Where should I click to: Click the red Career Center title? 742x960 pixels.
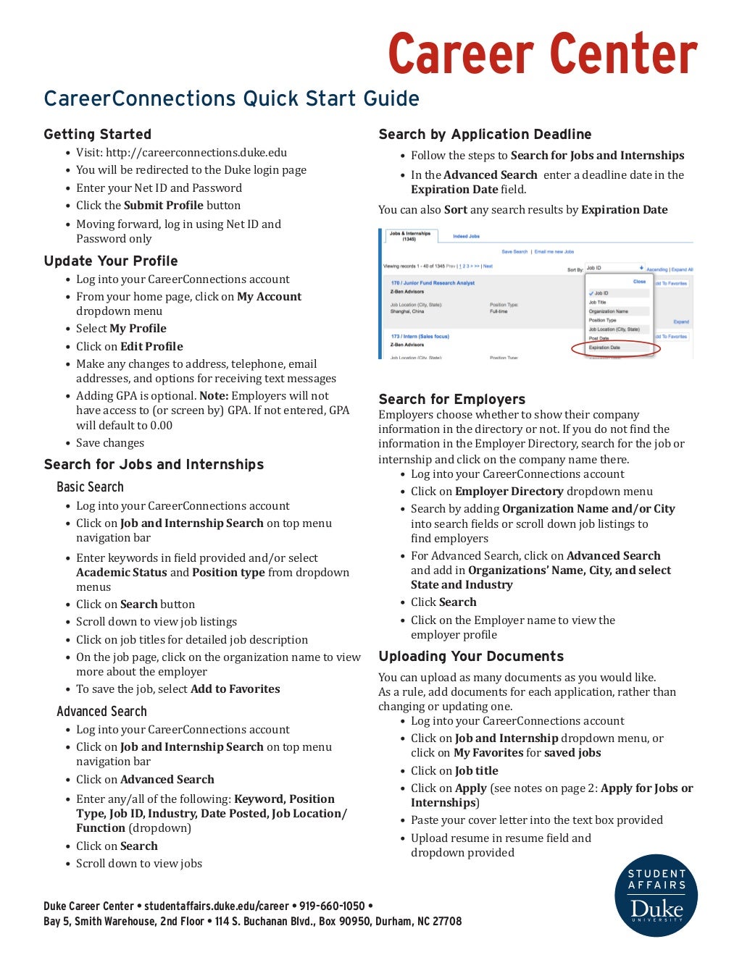(542, 54)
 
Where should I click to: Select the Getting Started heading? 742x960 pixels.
(97, 134)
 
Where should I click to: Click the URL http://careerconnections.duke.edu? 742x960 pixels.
(196, 153)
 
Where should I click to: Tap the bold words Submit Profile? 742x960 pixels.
(163, 206)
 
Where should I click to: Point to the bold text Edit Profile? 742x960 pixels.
(151, 347)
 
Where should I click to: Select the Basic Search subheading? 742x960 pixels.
(90, 487)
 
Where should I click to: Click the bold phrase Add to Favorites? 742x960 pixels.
(235, 689)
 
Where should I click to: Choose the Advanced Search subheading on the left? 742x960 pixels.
(101, 712)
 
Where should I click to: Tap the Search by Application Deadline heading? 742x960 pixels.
(485, 134)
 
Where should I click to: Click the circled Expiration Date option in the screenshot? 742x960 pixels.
(604, 348)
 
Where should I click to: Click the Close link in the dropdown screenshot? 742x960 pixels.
(639, 282)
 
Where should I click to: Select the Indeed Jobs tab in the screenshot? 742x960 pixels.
(466, 236)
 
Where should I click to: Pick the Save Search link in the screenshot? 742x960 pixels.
(514, 252)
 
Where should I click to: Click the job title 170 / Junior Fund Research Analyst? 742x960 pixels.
(433, 283)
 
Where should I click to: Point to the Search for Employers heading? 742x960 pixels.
(451, 399)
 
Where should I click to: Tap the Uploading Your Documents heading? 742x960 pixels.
(471, 657)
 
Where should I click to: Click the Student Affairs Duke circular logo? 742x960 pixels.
(656, 896)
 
